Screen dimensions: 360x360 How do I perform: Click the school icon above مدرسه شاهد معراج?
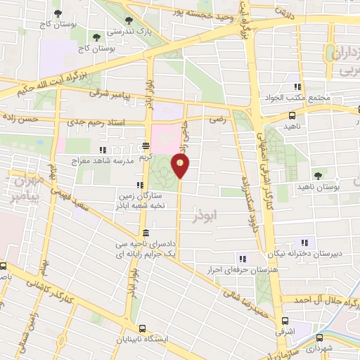(x=103, y=150)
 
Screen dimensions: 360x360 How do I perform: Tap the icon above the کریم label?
(x=146, y=147)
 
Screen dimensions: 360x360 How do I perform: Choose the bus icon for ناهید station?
(x=292, y=115)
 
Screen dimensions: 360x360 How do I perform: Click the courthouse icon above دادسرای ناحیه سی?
(x=146, y=233)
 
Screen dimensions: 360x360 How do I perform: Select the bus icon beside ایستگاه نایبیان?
(x=143, y=328)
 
